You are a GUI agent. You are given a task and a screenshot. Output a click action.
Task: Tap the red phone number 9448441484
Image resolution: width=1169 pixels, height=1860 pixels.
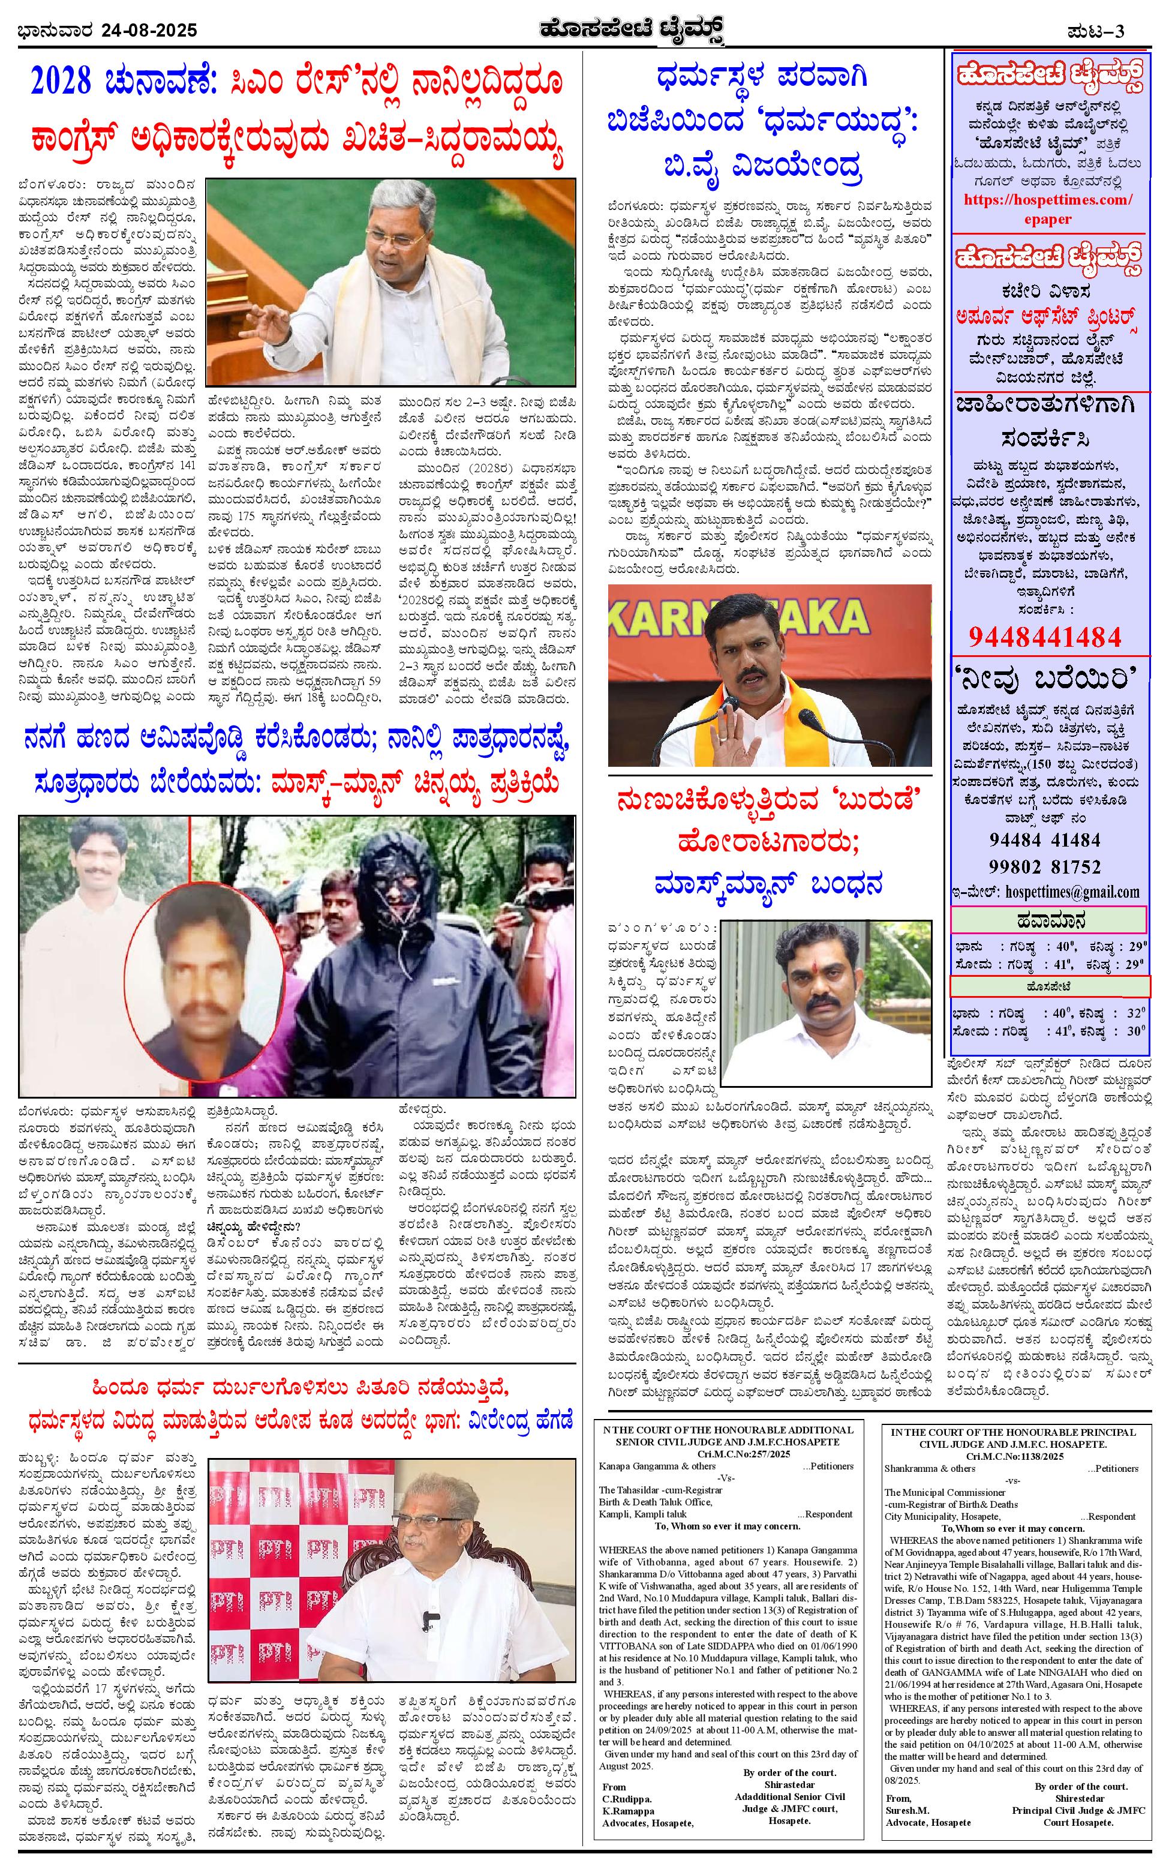coord(1045,637)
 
